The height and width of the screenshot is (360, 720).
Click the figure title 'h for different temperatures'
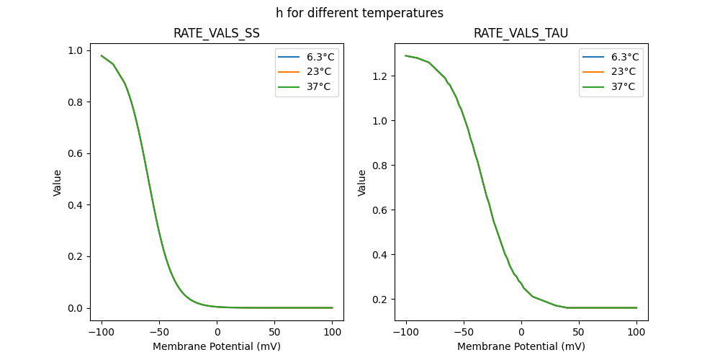coord(359,13)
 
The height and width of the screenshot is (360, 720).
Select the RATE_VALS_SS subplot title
coord(217,33)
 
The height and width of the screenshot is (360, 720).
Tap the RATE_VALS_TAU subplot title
coord(521,33)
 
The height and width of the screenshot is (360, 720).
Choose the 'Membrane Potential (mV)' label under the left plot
coord(217,346)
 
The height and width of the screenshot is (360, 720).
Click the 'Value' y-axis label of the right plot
coord(362,182)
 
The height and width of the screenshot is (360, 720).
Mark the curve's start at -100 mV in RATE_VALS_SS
coord(102,55)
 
